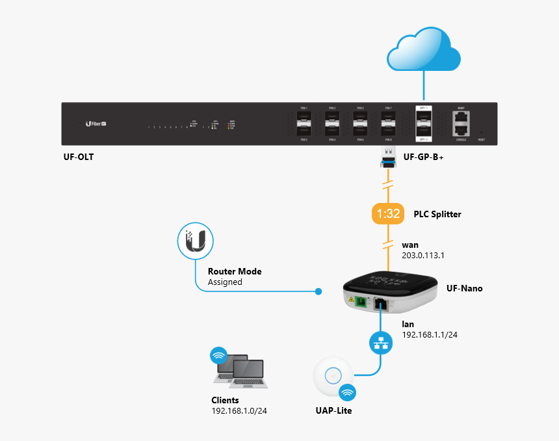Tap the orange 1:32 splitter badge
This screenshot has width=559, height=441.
click(388, 214)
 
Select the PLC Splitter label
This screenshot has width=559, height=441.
click(437, 214)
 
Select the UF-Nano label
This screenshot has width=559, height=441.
click(464, 288)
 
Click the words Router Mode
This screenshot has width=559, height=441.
click(234, 271)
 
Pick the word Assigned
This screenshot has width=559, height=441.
click(225, 282)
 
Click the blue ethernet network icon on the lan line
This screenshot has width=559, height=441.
click(380, 343)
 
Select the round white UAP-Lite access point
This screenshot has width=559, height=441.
click(333, 375)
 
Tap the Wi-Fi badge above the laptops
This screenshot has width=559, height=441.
click(219, 355)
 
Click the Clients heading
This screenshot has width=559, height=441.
click(225, 400)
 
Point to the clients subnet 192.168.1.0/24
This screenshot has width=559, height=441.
click(240, 411)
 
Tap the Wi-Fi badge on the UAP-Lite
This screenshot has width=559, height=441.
click(348, 393)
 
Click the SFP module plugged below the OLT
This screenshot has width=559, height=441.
click(388, 157)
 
